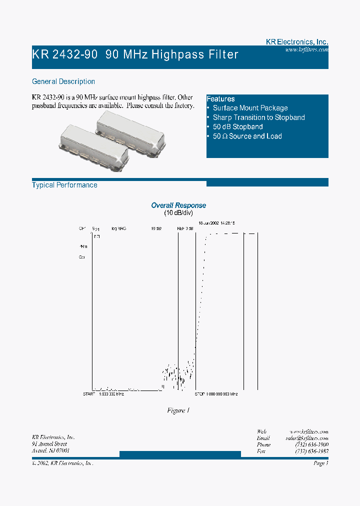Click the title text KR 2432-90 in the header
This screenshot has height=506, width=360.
pos(65,54)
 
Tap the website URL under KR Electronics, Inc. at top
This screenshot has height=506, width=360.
pos(306,50)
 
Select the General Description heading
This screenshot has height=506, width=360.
pos(63,81)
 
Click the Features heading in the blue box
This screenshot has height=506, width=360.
pos(220,99)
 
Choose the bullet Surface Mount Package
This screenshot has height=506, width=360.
pos(250,108)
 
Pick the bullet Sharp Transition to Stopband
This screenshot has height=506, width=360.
pos(258,117)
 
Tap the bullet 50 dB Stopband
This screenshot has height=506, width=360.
pos(237,127)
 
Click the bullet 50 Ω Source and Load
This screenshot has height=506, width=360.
pos(247,136)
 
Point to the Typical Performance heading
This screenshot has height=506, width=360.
pos(64,185)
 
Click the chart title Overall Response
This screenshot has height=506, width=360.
pos(178,205)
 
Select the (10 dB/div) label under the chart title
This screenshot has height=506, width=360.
pos(178,213)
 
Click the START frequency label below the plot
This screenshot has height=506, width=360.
pos(103,394)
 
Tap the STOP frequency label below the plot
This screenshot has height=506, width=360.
pos(216,394)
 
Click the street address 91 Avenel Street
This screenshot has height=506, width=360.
pos(49,444)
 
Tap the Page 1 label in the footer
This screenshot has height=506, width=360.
pos(320,463)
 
